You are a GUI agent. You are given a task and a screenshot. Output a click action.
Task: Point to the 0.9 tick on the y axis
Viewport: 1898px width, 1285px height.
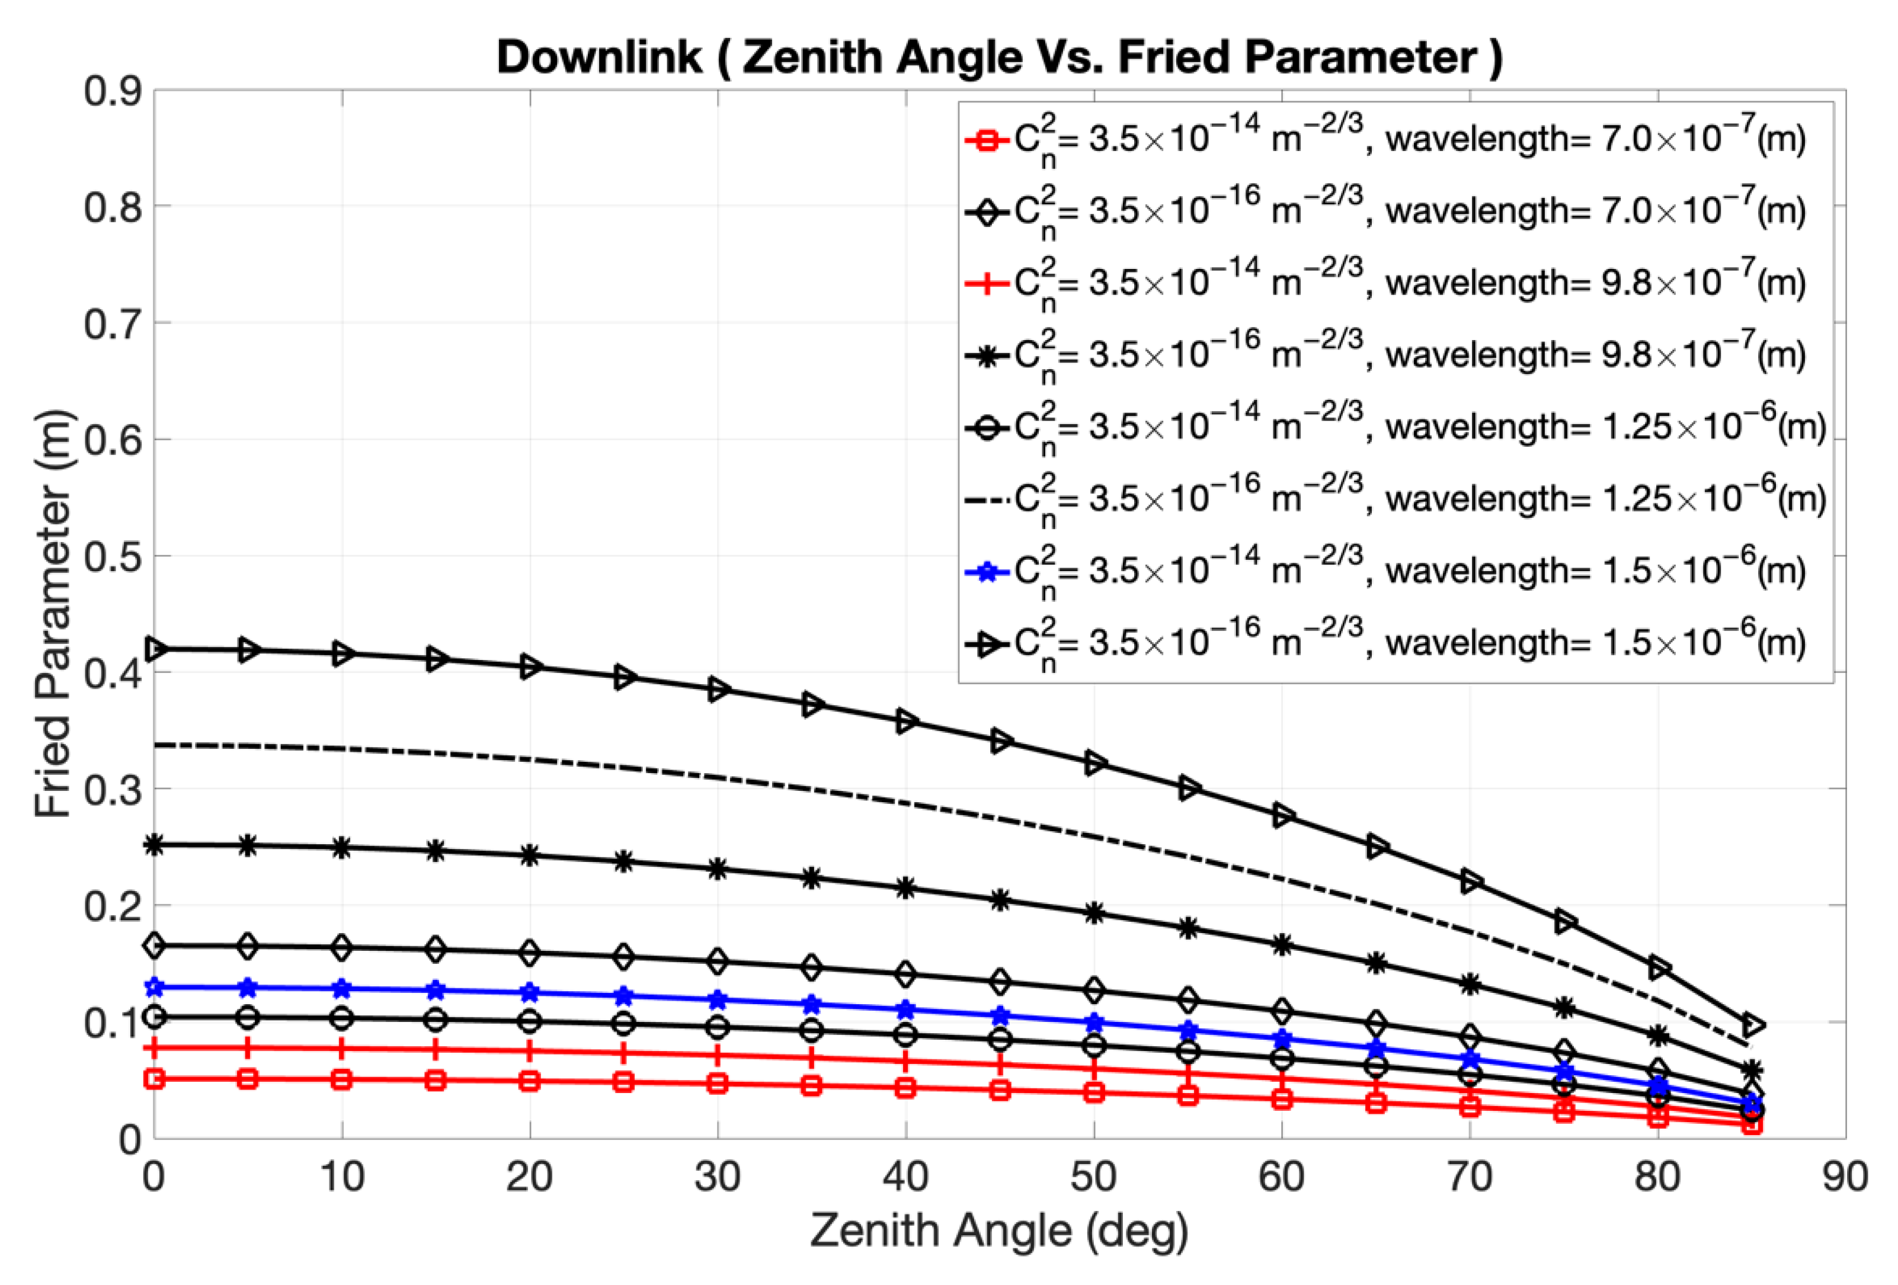113,91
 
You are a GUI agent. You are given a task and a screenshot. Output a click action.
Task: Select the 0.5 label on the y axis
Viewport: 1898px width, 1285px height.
113,557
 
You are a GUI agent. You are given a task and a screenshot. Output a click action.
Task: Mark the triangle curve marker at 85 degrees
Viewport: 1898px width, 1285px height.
1752,1024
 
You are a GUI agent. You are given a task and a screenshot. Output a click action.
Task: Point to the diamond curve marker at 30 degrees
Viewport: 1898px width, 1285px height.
718,961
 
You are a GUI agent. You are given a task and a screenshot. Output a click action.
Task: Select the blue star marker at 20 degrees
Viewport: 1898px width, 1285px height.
530,993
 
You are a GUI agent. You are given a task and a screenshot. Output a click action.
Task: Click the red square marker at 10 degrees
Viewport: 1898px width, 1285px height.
342,1079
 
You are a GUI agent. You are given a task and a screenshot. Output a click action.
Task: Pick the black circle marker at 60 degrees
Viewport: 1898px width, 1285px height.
1281,1059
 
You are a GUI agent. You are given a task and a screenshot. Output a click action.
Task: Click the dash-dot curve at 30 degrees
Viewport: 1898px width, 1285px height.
718,776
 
